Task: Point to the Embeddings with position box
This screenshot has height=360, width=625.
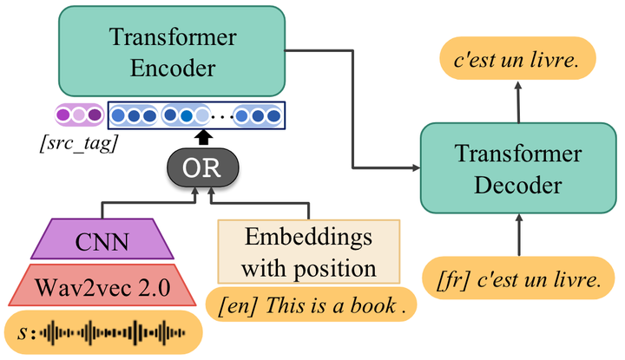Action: click(x=308, y=252)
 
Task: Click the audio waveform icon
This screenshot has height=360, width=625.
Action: click(x=113, y=333)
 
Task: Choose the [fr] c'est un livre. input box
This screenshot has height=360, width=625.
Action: click(x=518, y=279)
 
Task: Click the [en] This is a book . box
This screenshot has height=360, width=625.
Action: click(x=311, y=305)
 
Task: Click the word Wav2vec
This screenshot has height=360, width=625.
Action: click(x=85, y=284)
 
